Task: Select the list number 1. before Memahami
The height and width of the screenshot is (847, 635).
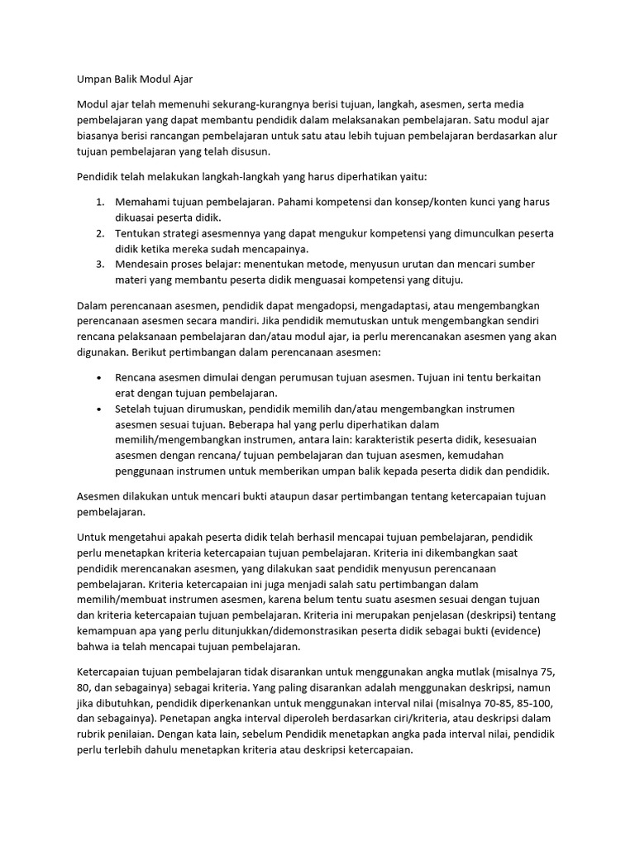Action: pos(99,202)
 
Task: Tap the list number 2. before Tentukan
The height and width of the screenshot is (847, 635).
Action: pos(99,233)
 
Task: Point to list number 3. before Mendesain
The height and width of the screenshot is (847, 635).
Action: pos(99,264)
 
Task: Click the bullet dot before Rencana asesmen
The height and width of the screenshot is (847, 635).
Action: pos(99,377)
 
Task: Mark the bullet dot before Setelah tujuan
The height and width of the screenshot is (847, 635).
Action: pos(99,409)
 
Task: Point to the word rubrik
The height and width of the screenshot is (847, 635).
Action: pos(93,733)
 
